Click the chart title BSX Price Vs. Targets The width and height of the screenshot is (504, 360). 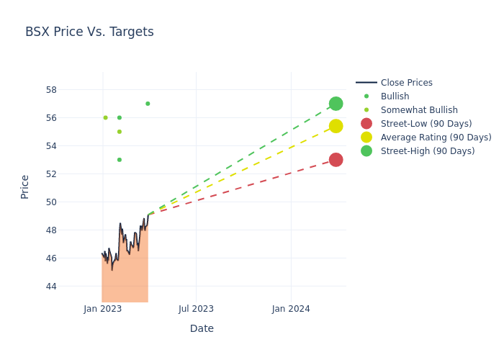(x=89, y=32)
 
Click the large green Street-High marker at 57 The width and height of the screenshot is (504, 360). (x=336, y=104)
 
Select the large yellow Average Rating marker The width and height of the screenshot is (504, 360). (x=336, y=126)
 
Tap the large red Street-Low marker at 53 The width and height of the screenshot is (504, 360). (x=336, y=160)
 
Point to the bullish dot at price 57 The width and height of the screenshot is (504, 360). (x=148, y=104)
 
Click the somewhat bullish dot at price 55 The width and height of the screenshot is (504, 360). (x=120, y=132)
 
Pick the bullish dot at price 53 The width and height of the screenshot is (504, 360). (x=120, y=160)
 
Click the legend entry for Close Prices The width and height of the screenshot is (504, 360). (x=406, y=83)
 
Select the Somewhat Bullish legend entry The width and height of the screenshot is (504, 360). (x=419, y=110)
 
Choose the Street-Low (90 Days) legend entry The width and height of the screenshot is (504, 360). (x=426, y=124)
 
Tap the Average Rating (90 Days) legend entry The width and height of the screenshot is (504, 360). (x=436, y=138)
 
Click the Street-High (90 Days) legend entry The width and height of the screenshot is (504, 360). (x=428, y=151)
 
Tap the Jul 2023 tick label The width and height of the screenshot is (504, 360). (x=196, y=309)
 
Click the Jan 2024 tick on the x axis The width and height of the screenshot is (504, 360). (x=291, y=309)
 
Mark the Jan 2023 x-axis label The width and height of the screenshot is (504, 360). (x=103, y=309)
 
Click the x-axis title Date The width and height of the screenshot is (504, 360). (x=202, y=329)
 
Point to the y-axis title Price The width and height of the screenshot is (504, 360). (x=25, y=186)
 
